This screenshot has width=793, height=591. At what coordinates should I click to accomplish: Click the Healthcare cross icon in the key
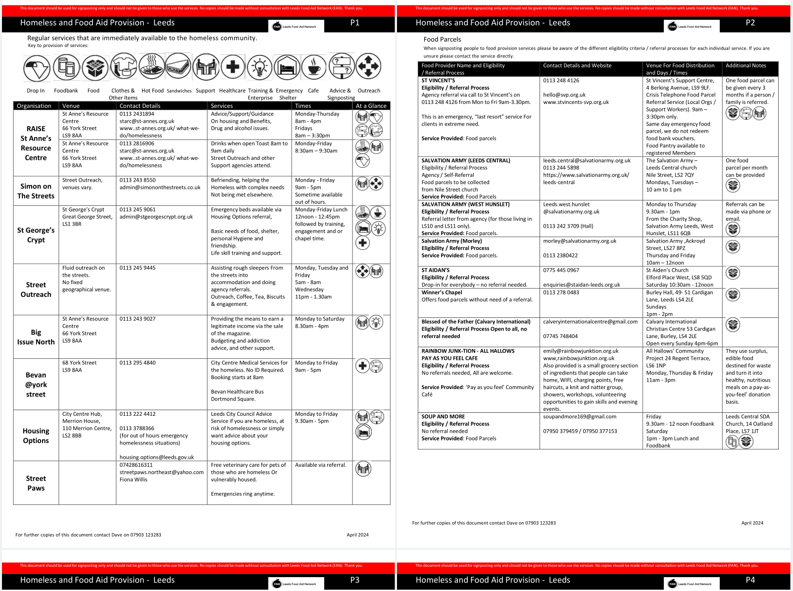[x=233, y=67]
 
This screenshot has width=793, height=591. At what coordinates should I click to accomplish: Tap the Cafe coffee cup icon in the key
[x=314, y=67]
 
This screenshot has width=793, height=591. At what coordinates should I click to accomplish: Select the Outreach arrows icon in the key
[x=368, y=66]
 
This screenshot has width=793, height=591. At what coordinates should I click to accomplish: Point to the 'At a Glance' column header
[x=371, y=106]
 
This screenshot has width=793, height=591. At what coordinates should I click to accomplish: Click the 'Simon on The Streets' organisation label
[x=36, y=191]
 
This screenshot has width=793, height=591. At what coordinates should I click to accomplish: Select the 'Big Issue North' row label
[x=36, y=337]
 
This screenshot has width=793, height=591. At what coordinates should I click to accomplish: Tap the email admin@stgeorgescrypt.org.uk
[x=156, y=217]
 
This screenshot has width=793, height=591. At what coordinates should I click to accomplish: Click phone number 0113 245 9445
[x=137, y=268]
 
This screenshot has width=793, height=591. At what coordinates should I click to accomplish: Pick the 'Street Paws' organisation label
[x=36, y=483]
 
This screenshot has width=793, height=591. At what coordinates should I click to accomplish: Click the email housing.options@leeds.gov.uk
[x=156, y=457]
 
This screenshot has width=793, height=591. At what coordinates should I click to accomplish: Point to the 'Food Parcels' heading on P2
[x=442, y=40]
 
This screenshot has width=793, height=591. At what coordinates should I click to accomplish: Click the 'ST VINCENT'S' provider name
[x=438, y=80]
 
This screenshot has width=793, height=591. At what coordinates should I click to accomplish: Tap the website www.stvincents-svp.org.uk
[x=576, y=102]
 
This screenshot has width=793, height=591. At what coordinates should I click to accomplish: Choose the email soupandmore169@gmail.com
[x=580, y=417]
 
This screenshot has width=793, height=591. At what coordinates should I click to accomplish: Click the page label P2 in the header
[x=750, y=23]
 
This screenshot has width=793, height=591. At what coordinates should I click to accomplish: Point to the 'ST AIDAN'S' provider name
[x=436, y=270]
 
